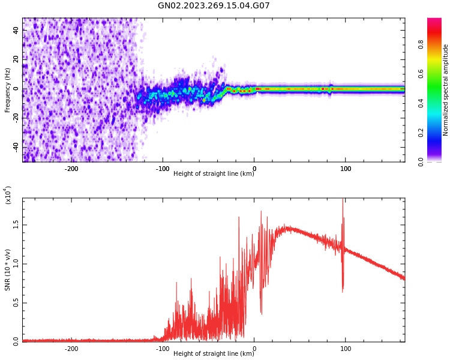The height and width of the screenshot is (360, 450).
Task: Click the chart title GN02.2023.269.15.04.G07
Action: point(214,6)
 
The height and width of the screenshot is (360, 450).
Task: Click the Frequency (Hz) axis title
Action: point(8,90)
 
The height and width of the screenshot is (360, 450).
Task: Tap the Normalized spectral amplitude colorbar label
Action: point(446,90)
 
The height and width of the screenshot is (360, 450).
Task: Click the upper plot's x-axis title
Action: point(214,174)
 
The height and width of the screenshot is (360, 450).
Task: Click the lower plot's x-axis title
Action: point(214,353)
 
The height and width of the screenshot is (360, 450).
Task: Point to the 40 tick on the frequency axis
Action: point(16,30)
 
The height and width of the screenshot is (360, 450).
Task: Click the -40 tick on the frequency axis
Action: point(16,147)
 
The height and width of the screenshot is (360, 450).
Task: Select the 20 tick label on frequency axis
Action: point(16,59)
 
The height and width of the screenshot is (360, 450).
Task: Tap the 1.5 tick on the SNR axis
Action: point(16,224)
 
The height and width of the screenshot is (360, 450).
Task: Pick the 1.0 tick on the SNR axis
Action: point(16,263)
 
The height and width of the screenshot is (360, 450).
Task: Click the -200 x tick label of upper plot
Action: point(71,169)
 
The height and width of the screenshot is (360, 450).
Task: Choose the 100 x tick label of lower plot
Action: point(346,348)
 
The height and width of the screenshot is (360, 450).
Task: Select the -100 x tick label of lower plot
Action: point(163,348)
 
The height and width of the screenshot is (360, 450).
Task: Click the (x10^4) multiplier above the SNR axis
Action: point(8,195)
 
